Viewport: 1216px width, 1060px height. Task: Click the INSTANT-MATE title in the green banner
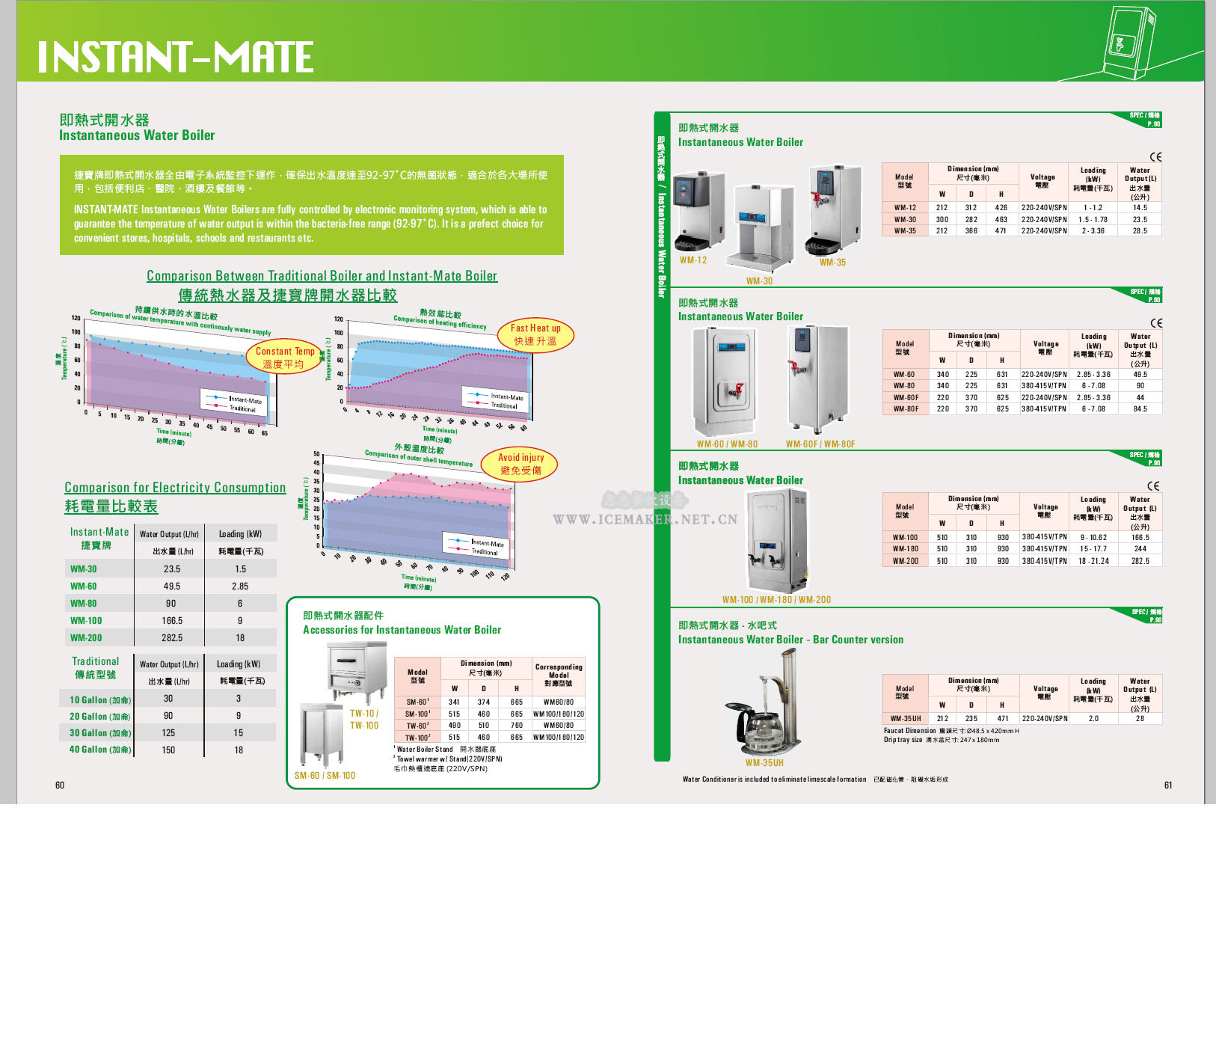[176, 57]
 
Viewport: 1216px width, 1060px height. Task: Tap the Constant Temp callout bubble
[284, 358]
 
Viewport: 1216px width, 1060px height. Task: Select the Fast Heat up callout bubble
[535, 334]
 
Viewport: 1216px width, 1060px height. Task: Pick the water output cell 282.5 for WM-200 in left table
[172, 638]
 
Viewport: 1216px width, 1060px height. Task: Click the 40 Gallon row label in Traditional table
[99, 750]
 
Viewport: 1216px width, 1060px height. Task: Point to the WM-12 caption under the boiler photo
[693, 260]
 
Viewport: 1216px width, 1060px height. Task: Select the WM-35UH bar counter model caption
[764, 763]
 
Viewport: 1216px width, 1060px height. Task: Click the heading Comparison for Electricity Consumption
[175, 488]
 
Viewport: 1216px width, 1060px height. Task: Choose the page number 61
[1168, 785]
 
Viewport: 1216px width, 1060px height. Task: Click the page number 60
[60, 785]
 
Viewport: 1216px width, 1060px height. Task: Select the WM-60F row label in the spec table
[905, 397]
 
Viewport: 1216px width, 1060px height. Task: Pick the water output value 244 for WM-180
[1140, 548]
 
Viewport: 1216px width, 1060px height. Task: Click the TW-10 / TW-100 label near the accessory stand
[364, 719]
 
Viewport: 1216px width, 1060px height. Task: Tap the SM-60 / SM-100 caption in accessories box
[325, 775]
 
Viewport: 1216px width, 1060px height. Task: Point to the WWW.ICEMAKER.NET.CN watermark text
[645, 519]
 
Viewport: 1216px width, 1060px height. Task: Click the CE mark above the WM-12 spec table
[1155, 157]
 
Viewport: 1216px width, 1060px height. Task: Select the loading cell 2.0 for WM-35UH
[1093, 718]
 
